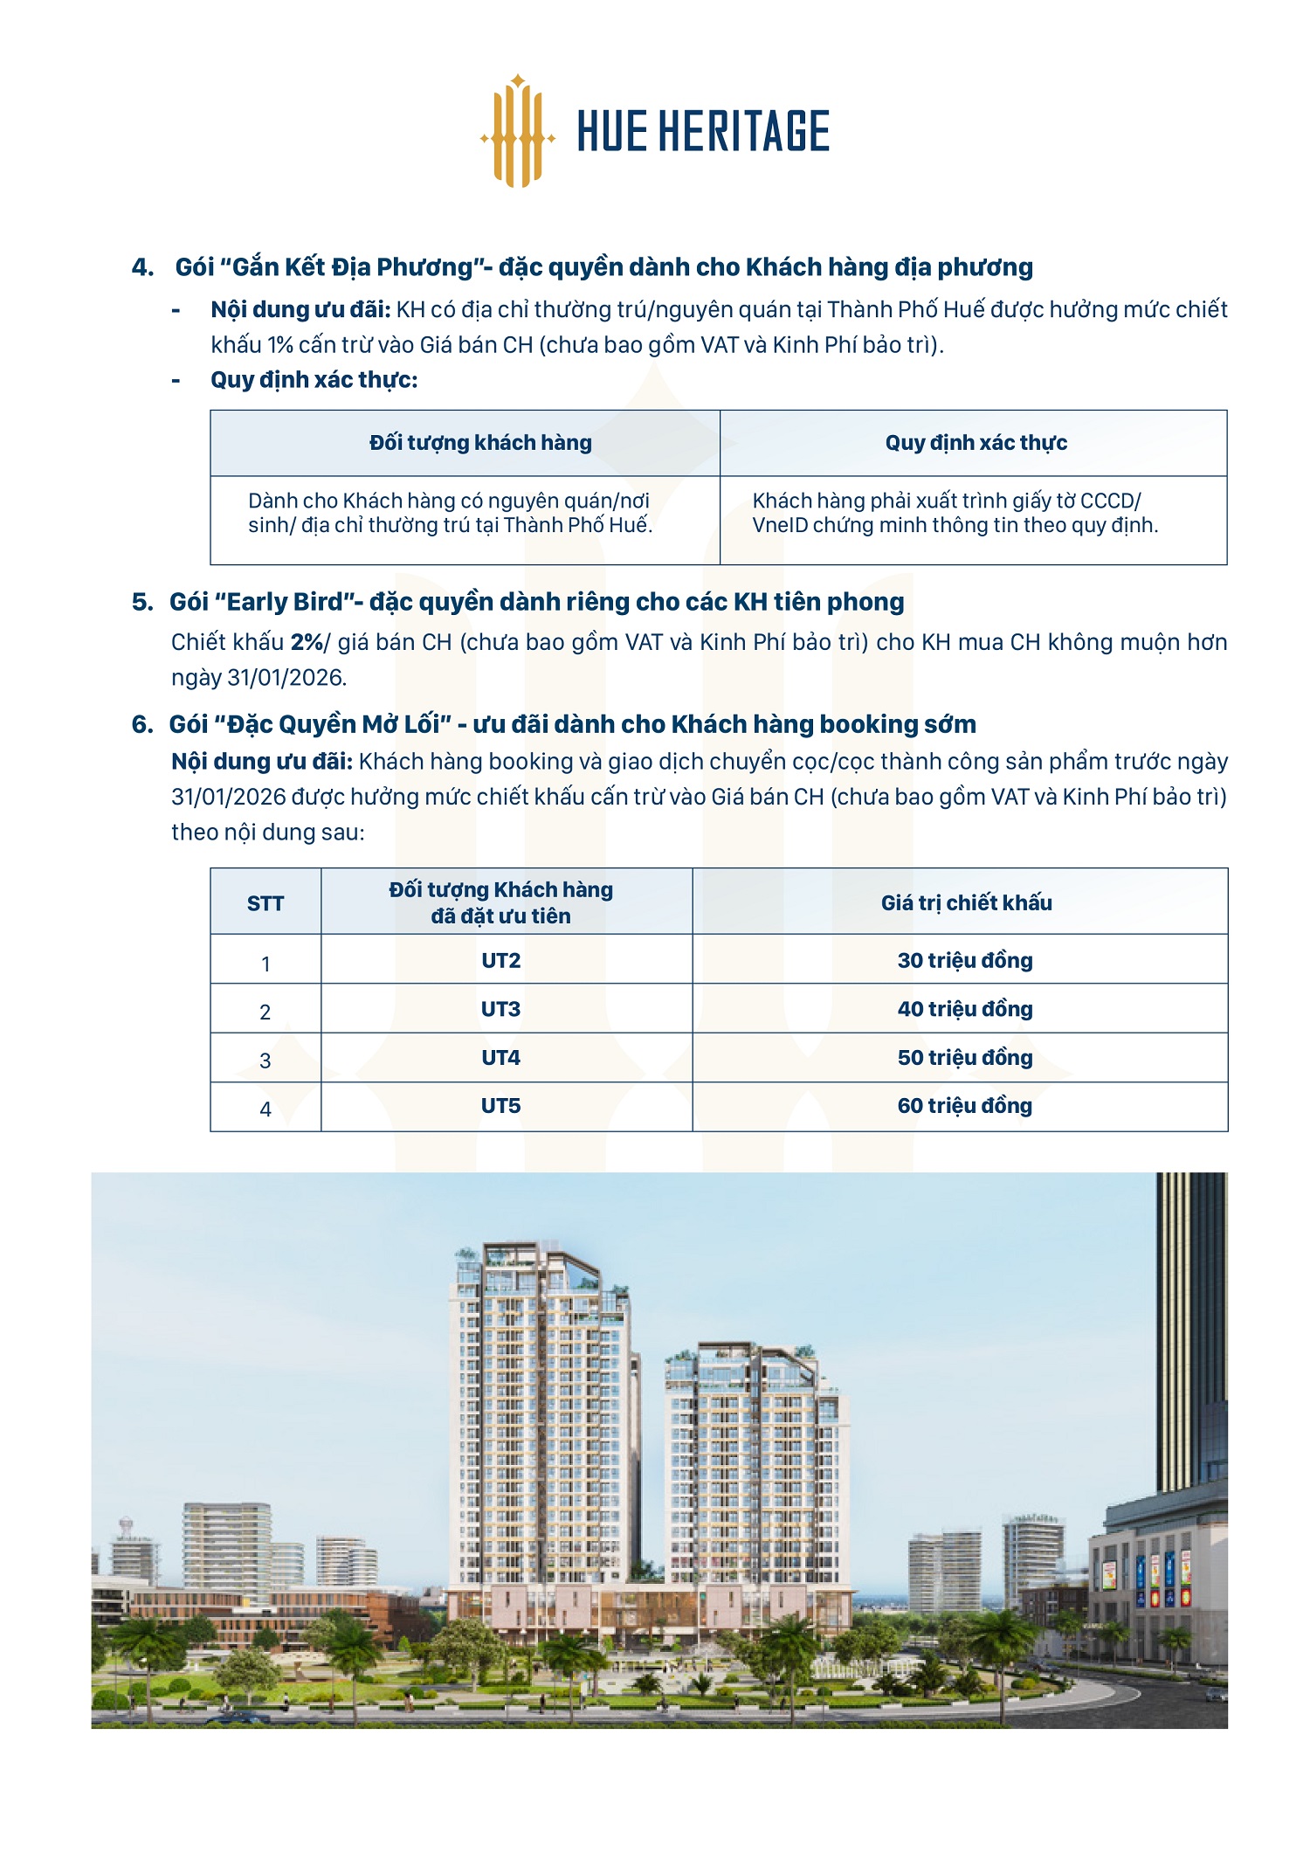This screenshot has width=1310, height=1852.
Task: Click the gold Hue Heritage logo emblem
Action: [x=518, y=132]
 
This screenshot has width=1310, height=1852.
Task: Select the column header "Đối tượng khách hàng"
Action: [x=480, y=443]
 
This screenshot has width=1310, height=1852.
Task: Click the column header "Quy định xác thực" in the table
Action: [x=976, y=443]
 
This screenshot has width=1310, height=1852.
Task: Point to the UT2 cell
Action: [x=500, y=961]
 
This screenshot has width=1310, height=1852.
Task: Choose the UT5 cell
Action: [x=500, y=1106]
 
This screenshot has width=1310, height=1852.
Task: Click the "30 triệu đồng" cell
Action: [x=965, y=961]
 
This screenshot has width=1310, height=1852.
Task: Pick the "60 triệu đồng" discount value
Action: [x=965, y=1106]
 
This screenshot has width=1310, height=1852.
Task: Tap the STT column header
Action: [x=265, y=903]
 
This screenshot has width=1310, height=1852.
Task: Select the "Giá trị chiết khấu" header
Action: [x=966, y=903]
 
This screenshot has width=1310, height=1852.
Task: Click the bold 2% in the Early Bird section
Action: [x=307, y=642]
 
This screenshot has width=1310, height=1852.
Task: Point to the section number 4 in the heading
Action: [x=141, y=267]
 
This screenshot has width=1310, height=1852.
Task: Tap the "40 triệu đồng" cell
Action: [x=965, y=1009]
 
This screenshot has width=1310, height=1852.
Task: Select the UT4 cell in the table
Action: [x=500, y=1058]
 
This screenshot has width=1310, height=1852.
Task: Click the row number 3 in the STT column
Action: [x=265, y=1061]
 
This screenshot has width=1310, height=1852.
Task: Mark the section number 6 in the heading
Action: [x=141, y=724]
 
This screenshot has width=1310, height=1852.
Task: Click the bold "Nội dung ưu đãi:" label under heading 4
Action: [x=300, y=310]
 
